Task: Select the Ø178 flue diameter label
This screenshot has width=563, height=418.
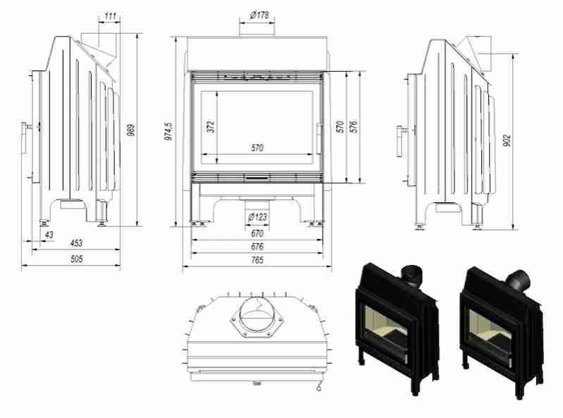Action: (x=256, y=15)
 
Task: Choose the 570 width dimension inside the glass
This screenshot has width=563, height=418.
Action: (x=256, y=148)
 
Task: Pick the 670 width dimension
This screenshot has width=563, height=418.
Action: (x=256, y=233)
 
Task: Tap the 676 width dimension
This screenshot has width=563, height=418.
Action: (x=256, y=247)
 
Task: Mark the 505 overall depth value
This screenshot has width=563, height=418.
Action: (x=75, y=259)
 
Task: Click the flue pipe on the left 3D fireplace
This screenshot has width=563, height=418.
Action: (x=409, y=272)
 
